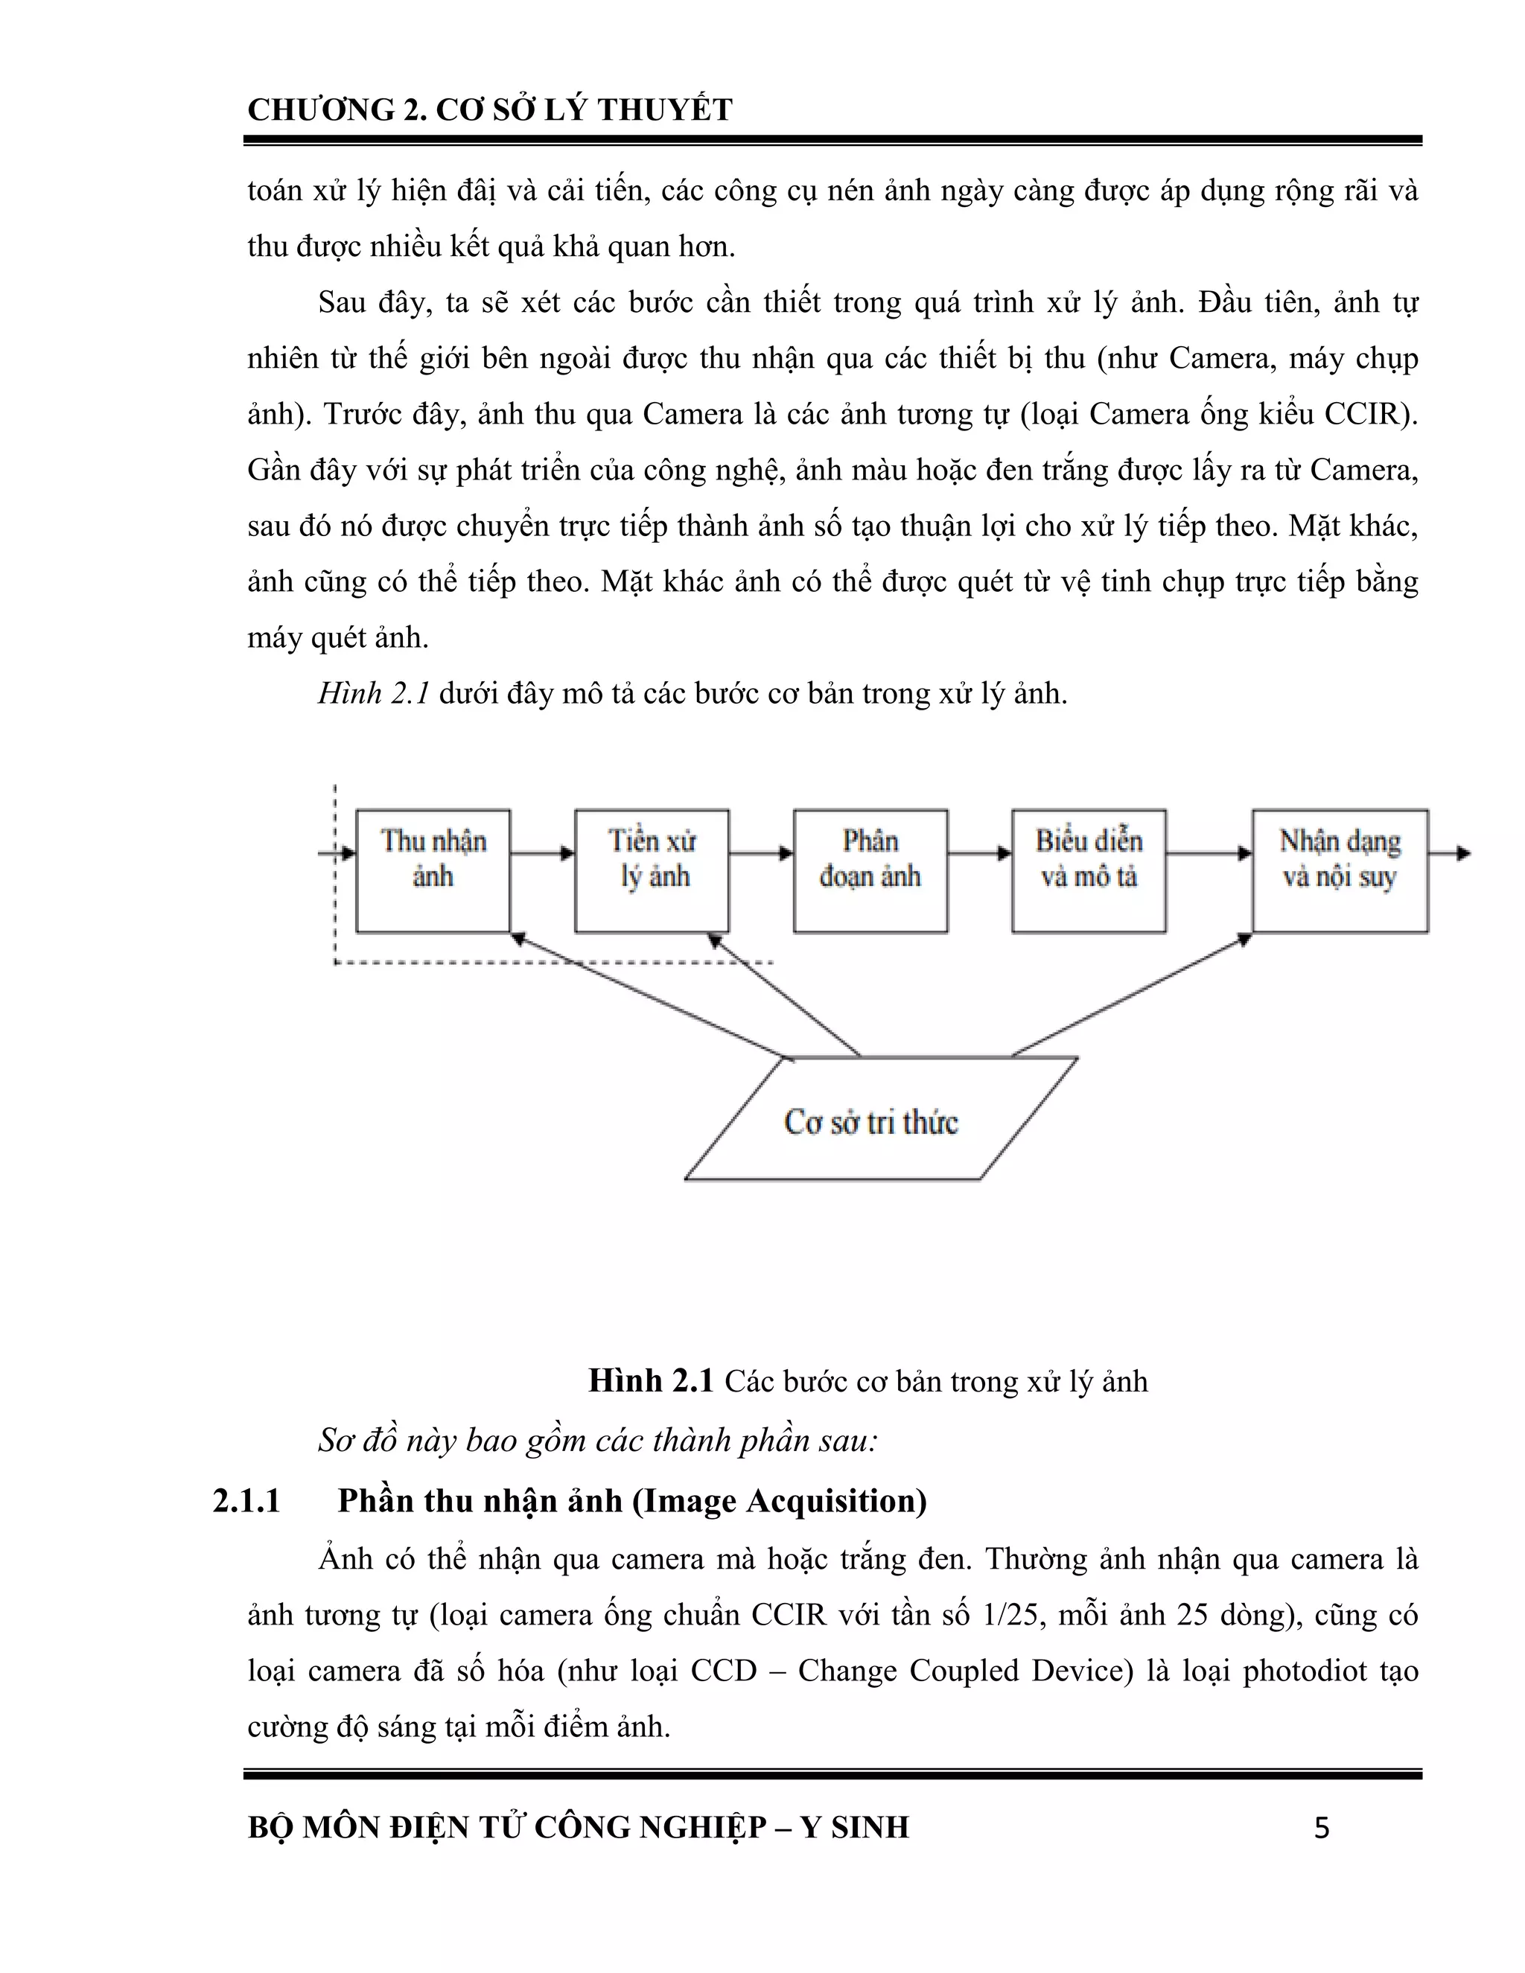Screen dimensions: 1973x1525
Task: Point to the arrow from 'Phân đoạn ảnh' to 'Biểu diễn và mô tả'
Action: point(979,852)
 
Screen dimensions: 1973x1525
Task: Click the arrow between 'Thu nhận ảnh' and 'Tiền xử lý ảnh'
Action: point(542,852)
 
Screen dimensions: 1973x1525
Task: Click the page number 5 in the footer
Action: point(1322,1829)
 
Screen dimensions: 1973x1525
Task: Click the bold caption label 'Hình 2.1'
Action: point(651,1380)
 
